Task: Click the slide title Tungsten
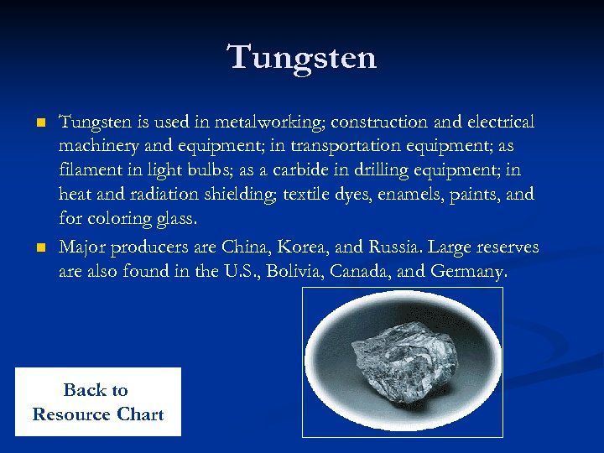(x=302, y=58)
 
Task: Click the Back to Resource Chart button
(x=97, y=402)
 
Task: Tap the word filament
(x=88, y=171)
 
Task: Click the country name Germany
(x=468, y=272)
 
